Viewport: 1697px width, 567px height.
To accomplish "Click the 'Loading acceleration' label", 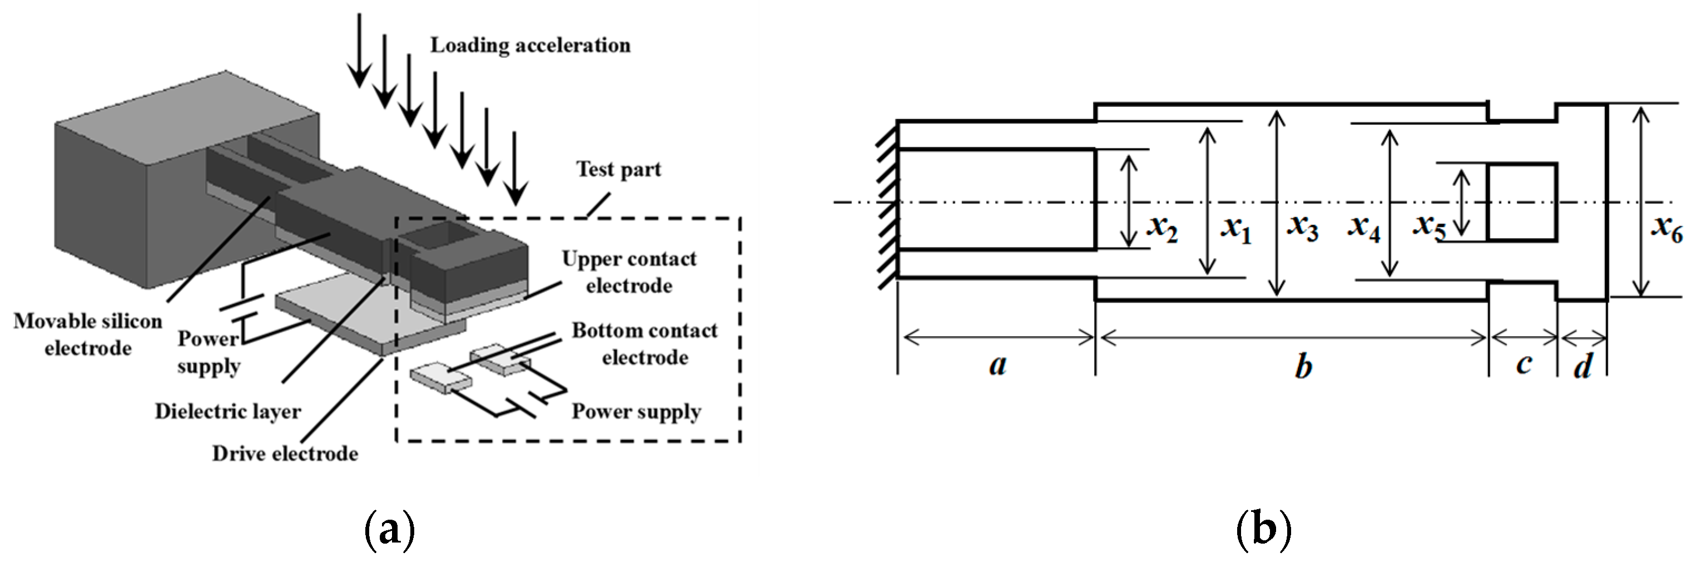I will click(x=530, y=46).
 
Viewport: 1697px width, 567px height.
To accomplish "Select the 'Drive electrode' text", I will click(x=285, y=453).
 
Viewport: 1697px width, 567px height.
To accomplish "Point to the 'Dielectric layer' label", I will click(x=228, y=411).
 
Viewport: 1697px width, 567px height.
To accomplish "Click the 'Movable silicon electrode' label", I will click(x=88, y=334).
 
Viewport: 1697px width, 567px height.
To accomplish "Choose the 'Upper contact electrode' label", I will click(x=629, y=272).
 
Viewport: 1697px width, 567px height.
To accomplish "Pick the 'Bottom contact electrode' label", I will click(x=644, y=343).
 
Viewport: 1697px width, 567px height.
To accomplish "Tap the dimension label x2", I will click(x=1162, y=228).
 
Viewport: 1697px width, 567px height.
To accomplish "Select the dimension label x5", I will click(x=1430, y=228).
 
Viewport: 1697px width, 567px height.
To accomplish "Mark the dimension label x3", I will click(x=1302, y=228).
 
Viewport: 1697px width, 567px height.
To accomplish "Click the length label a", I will click(x=998, y=364).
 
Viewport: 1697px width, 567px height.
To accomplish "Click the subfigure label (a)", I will click(x=390, y=529).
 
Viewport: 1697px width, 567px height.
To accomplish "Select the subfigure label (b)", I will click(x=1263, y=529).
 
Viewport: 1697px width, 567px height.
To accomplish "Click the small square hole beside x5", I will click(x=1522, y=202).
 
